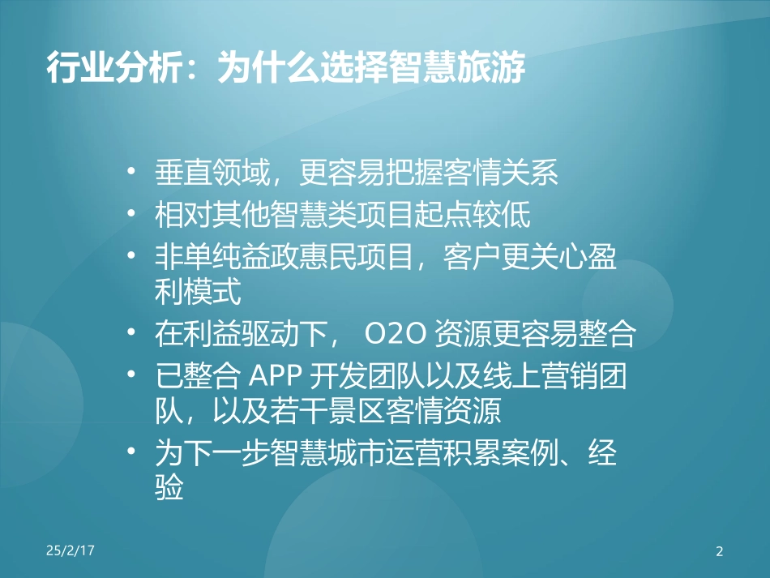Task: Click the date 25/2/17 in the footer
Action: coord(71,550)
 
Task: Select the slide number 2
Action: coord(719,552)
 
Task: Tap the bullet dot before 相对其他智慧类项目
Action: coord(133,216)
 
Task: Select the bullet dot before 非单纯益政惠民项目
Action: coord(133,258)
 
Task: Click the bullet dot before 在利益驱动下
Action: coord(133,335)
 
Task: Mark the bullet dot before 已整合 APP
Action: coord(133,375)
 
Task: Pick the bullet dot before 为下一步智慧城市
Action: coord(133,452)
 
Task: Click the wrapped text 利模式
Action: coord(197,292)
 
